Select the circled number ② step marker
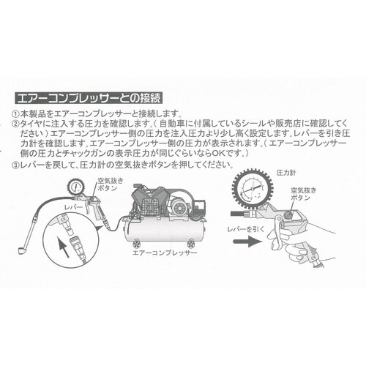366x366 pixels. pos(17,125)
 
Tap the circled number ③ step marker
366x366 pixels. pos(17,166)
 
